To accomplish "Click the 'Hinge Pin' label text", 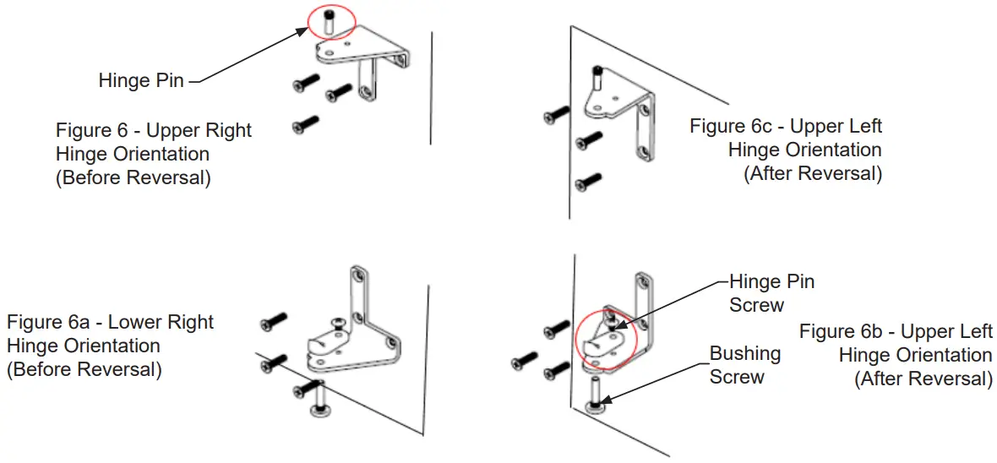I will click(x=141, y=81).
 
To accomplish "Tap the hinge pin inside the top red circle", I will click(x=330, y=23).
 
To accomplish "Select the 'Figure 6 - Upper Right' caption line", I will click(x=154, y=130).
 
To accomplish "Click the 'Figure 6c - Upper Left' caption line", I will click(x=786, y=126).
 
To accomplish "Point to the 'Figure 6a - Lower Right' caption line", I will click(x=111, y=322).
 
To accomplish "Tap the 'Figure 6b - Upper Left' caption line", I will click(x=896, y=331).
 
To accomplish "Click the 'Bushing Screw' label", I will click(x=744, y=365).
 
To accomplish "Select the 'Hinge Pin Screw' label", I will click(x=771, y=293).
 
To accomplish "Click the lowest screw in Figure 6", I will click(x=305, y=124).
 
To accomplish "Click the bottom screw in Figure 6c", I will click(x=587, y=181).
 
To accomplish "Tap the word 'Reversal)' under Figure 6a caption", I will click(x=119, y=369).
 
